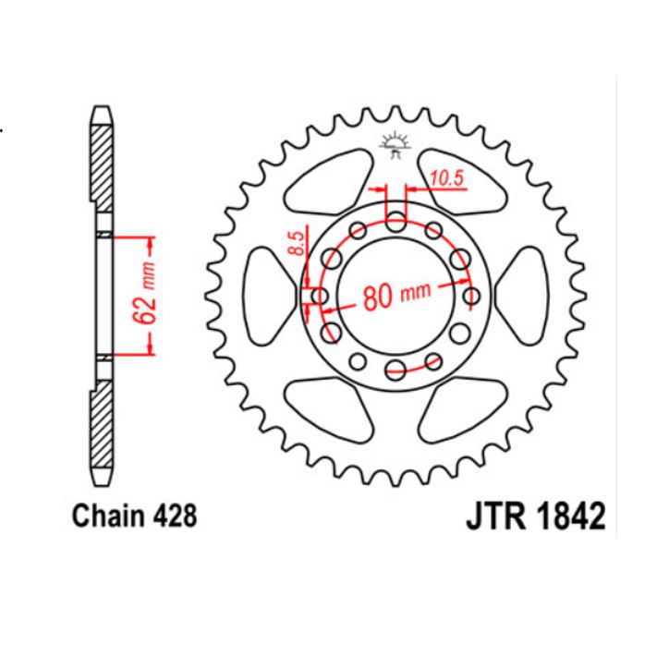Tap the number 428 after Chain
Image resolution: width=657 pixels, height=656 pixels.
[x=176, y=515]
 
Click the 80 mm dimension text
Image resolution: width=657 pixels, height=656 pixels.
[x=397, y=297]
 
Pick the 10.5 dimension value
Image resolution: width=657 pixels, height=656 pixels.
[x=445, y=178]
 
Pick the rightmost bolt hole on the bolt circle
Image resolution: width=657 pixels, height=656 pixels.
[x=471, y=296]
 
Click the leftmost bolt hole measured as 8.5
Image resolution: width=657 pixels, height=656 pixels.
[x=321, y=296]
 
